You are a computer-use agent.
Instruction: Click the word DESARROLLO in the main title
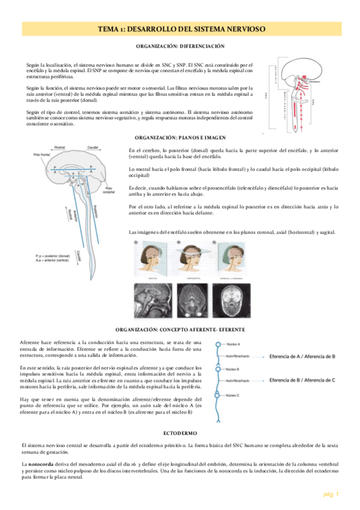pos(160,29)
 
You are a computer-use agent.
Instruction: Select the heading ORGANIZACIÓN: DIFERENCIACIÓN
pos(180,46)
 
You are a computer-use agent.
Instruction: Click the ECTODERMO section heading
pos(180,433)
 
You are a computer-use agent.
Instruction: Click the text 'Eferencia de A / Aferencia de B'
pos(302,356)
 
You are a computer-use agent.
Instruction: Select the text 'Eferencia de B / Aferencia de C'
pos(302,381)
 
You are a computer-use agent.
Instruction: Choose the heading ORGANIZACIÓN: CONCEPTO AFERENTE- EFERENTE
pos(180,330)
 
